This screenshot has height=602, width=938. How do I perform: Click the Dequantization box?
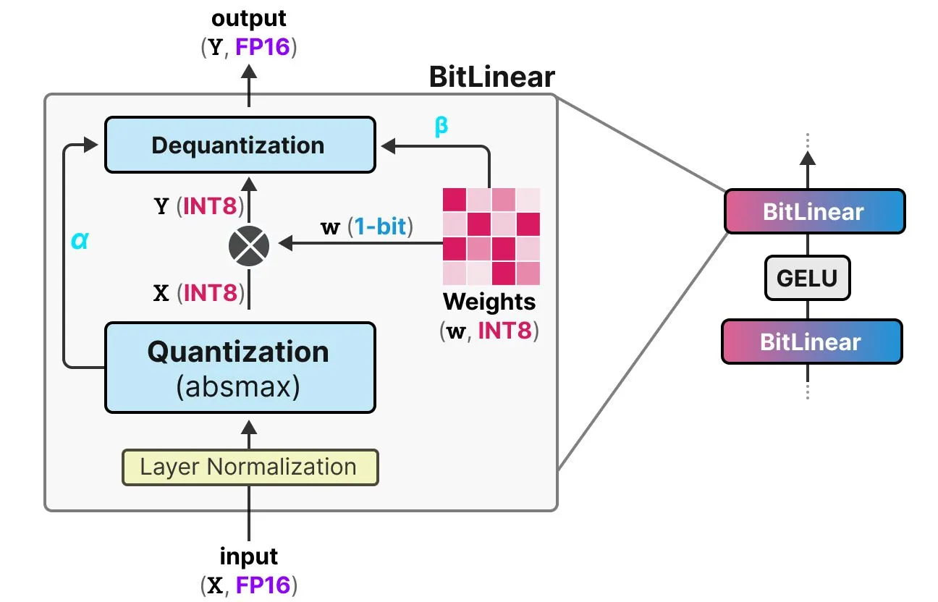tap(240, 145)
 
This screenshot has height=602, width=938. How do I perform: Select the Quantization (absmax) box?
tap(240, 367)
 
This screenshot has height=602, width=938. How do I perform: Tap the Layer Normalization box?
tap(250, 467)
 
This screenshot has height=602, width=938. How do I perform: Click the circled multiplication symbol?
tap(249, 246)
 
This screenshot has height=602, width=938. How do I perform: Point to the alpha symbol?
tap(80, 241)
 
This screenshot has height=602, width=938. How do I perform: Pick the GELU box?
tap(807, 278)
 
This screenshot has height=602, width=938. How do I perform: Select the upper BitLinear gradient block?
tap(814, 211)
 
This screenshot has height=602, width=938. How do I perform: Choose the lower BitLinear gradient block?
tap(811, 342)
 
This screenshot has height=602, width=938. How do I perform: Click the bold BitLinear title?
tap(491, 77)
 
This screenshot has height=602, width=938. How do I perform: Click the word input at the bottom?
tap(249, 556)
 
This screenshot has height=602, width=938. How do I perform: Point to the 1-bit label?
tap(380, 227)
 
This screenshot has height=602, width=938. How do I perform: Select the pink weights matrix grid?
tap(491, 236)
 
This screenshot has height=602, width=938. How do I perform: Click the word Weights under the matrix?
tap(489, 301)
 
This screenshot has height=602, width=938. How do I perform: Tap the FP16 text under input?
tap(264, 585)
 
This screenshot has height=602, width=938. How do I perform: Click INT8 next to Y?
tap(210, 206)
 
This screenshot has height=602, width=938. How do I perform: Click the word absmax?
tap(239, 387)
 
